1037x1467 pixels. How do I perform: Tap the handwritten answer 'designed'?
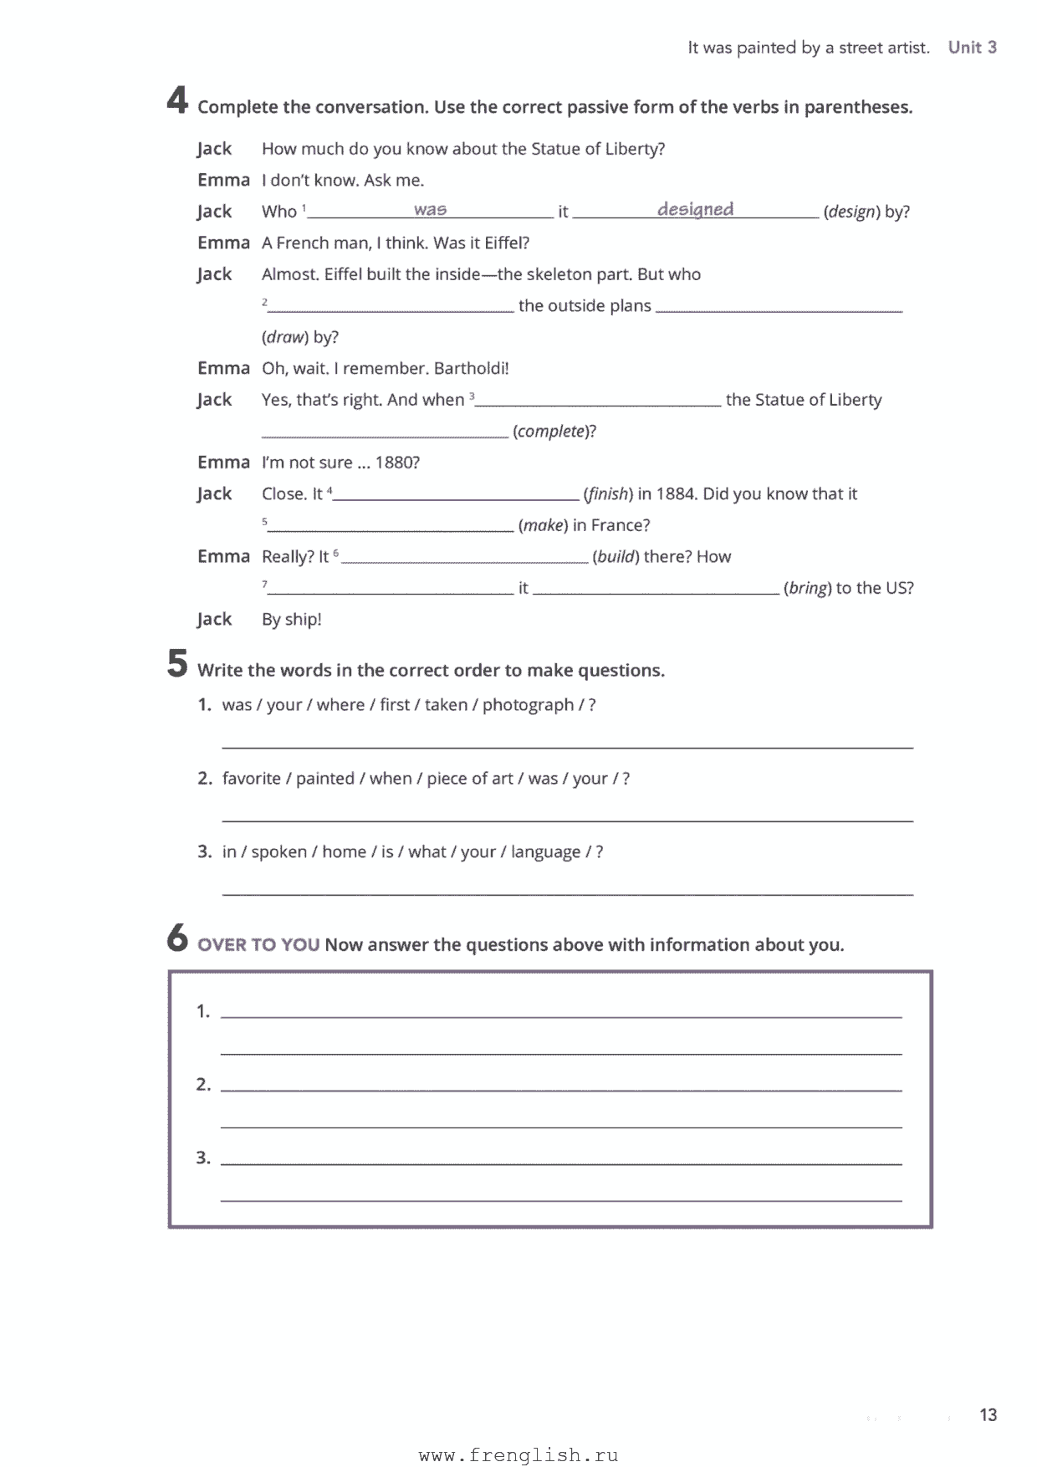coord(695,209)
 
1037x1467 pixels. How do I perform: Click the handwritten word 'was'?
coord(430,210)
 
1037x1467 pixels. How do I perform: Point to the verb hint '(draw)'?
coord(285,337)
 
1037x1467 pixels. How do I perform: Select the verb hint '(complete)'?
coord(552,432)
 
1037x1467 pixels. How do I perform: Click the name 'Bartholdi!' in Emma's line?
coord(471,369)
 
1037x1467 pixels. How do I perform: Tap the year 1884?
coord(675,494)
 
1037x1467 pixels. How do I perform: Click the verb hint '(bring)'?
coord(807,588)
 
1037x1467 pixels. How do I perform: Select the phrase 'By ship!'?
coord(291,620)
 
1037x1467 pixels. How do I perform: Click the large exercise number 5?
coord(177,664)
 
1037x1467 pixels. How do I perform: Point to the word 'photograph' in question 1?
coord(528,705)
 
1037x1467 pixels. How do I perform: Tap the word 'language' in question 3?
coord(545,852)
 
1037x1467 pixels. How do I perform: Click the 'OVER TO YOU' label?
coord(258,945)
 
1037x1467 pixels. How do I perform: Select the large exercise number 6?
coord(177,938)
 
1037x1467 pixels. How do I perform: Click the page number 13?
coord(988,1415)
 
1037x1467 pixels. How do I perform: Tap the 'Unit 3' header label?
coord(972,48)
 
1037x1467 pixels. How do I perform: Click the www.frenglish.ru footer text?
coord(518,1456)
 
